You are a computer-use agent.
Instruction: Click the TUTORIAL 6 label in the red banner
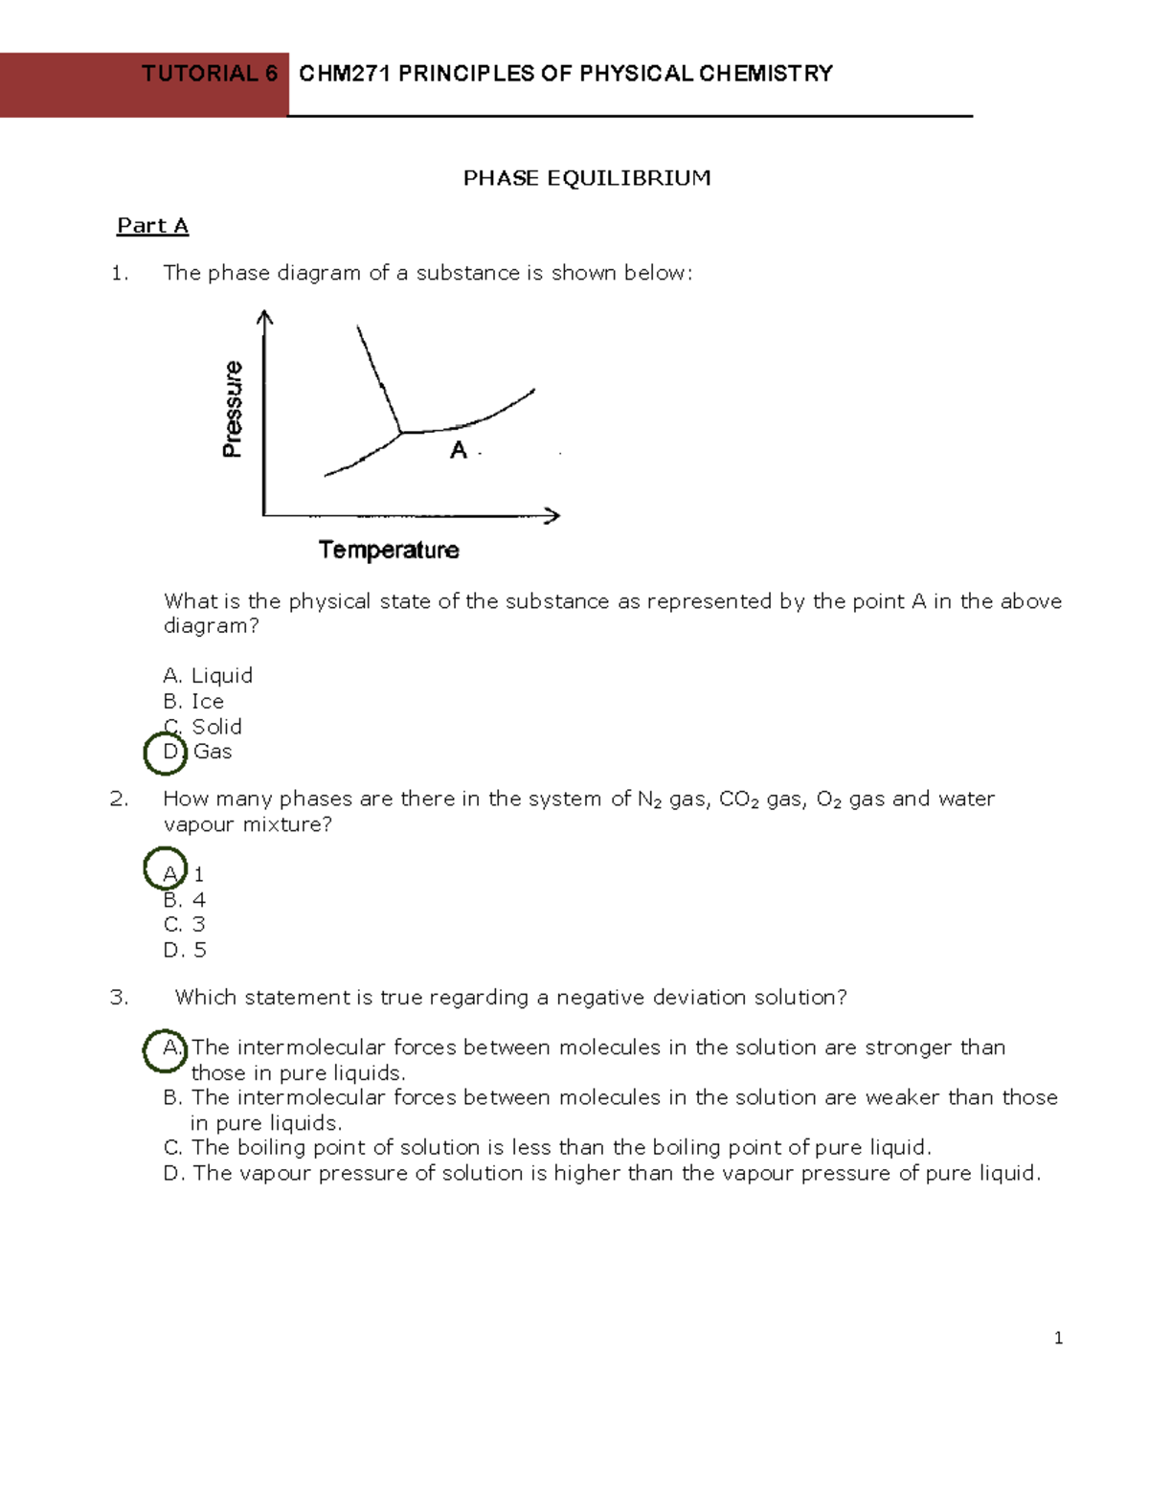[x=209, y=74]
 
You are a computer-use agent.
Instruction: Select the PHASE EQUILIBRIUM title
[x=586, y=178]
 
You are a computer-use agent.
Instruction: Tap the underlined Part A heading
[x=152, y=226]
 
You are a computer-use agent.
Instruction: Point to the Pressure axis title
[x=233, y=409]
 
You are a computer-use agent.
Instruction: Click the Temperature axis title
[x=388, y=550]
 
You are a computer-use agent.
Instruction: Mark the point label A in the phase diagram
[x=459, y=450]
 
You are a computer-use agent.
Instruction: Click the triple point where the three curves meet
[x=401, y=433]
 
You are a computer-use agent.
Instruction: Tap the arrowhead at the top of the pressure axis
[x=265, y=316]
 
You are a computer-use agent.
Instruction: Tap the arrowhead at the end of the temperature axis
[x=552, y=515]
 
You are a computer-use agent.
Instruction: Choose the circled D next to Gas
[x=166, y=752]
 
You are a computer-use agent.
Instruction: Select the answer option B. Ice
[x=193, y=701]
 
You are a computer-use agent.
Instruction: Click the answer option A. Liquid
[x=208, y=676]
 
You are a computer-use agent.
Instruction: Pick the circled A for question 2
[x=166, y=869]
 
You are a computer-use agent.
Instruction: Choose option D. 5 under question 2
[x=185, y=950]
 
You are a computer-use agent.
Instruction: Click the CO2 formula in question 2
[x=738, y=800]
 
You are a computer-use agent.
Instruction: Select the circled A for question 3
[x=166, y=1048]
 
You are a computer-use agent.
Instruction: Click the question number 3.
[x=119, y=998]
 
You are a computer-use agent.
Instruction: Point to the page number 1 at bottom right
[x=1058, y=1338]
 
